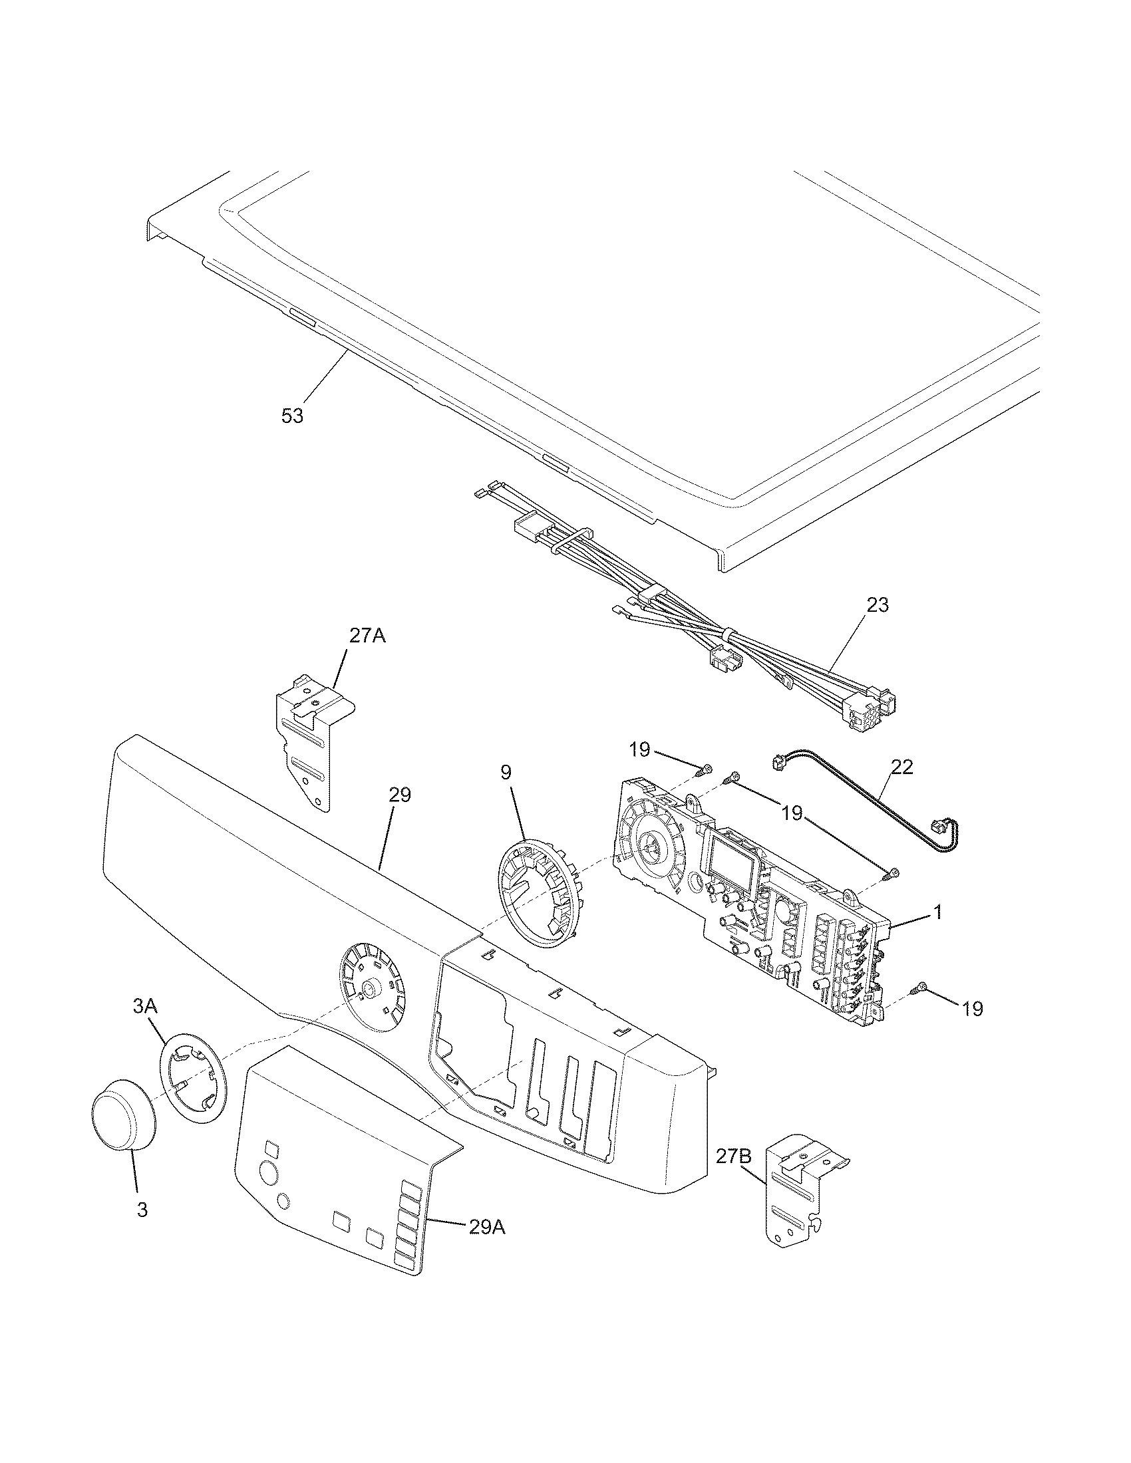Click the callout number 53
coord(292,416)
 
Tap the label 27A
coord(367,636)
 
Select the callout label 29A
coord(487,1226)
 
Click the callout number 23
coord(878,605)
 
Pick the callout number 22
coord(901,767)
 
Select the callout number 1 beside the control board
coord(937,912)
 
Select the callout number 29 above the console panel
coord(400,795)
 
